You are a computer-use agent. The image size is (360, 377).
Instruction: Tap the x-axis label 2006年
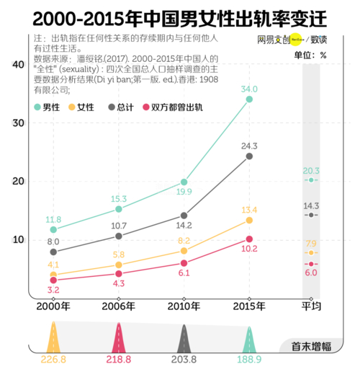118,305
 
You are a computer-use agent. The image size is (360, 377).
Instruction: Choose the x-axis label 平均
310,305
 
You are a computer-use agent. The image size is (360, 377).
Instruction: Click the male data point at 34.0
249,99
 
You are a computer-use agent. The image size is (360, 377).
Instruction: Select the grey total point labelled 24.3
249,156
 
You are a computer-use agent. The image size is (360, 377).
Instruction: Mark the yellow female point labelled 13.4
249,220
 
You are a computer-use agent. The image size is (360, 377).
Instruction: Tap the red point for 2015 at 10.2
249,239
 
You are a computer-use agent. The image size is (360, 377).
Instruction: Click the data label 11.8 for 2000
54,219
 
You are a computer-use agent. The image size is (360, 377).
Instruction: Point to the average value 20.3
311,171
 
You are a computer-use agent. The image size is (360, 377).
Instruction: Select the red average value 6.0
311,272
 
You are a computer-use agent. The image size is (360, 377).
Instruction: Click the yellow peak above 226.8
53,337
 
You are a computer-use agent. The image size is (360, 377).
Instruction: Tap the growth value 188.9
249,358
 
